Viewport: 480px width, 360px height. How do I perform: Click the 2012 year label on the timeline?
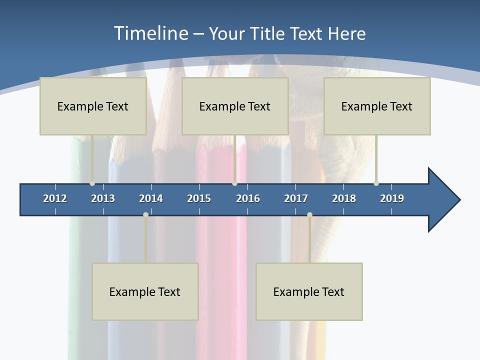click(x=55, y=198)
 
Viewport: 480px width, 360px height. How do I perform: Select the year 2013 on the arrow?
click(x=103, y=198)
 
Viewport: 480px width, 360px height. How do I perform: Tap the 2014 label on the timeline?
click(x=151, y=198)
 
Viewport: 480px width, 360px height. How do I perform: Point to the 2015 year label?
click(x=199, y=198)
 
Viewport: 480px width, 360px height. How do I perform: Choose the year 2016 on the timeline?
click(x=248, y=198)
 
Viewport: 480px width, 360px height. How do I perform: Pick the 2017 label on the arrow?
click(x=296, y=198)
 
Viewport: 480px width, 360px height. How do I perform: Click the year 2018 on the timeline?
click(x=344, y=198)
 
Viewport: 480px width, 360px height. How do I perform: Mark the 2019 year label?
click(x=392, y=198)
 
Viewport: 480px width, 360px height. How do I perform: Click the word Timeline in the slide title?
click(x=150, y=33)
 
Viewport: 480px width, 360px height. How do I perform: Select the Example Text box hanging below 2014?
click(x=145, y=291)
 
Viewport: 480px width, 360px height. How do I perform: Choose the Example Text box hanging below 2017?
click(x=309, y=291)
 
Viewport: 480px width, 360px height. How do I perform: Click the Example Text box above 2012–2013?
click(x=93, y=106)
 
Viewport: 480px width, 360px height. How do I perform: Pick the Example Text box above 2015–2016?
click(x=235, y=106)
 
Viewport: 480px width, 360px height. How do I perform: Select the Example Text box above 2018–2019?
click(x=377, y=106)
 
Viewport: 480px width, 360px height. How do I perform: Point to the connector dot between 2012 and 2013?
click(x=92, y=183)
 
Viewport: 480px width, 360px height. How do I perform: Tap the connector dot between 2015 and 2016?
click(x=234, y=183)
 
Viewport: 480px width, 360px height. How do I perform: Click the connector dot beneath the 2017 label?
click(x=309, y=214)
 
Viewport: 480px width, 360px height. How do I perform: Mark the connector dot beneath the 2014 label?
click(x=145, y=214)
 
